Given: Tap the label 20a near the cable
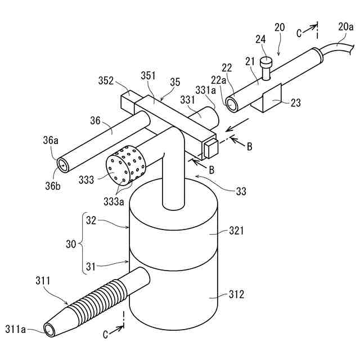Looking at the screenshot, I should tap(346, 26).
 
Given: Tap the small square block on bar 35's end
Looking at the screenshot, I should tap(209, 149).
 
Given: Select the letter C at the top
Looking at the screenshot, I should tap(299, 33).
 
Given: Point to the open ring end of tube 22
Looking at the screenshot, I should tap(231, 103).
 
